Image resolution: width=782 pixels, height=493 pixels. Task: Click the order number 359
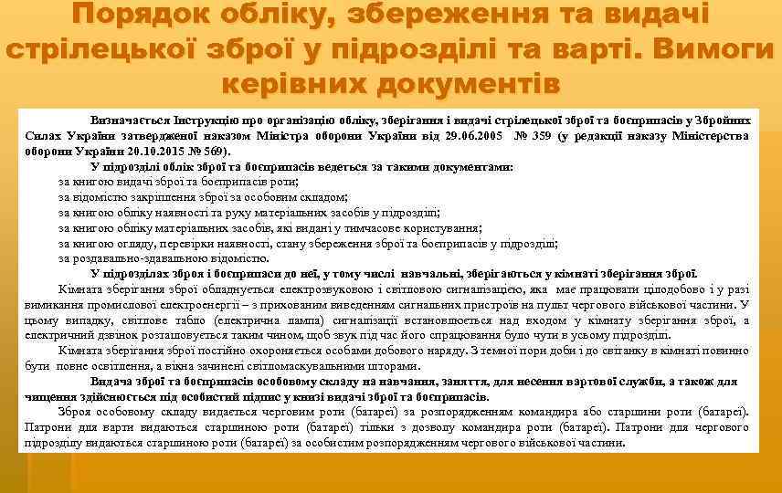540,136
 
